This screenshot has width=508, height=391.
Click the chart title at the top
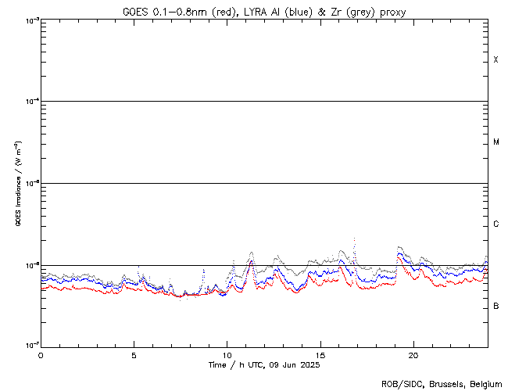264,12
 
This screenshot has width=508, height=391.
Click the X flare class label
496,60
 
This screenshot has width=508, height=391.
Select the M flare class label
496,142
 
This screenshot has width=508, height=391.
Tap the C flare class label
496,224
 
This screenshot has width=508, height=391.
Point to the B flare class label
496,306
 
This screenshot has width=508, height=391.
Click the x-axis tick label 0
41,354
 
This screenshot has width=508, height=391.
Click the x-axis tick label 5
134,354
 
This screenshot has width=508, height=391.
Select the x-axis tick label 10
227,354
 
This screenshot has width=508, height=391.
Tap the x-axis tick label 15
320,354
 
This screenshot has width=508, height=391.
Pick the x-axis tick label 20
413,354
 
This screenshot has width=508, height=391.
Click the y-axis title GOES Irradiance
16,184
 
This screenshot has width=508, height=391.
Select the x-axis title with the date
264,365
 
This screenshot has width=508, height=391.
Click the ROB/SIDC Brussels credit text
441,384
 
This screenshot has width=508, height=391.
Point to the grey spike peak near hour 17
355,239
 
